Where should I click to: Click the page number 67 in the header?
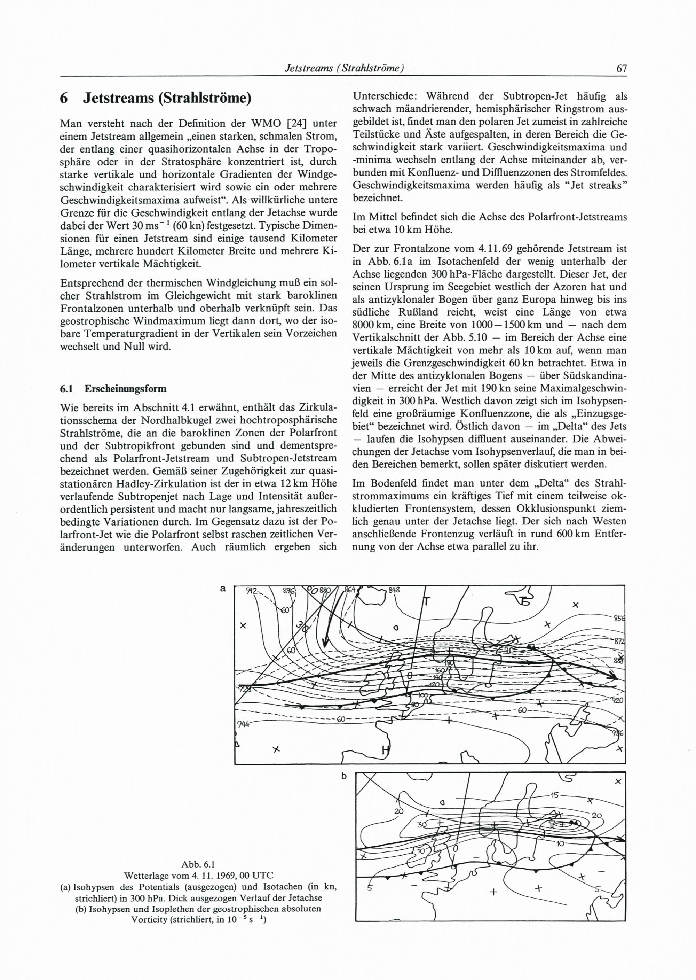(x=621, y=68)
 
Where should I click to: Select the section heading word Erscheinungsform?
(x=125, y=389)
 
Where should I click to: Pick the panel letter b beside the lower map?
(x=344, y=777)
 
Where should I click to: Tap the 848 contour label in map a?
(x=394, y=590)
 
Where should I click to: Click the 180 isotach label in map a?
(x=449, y=663)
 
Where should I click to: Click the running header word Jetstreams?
(x=305, y=68)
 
